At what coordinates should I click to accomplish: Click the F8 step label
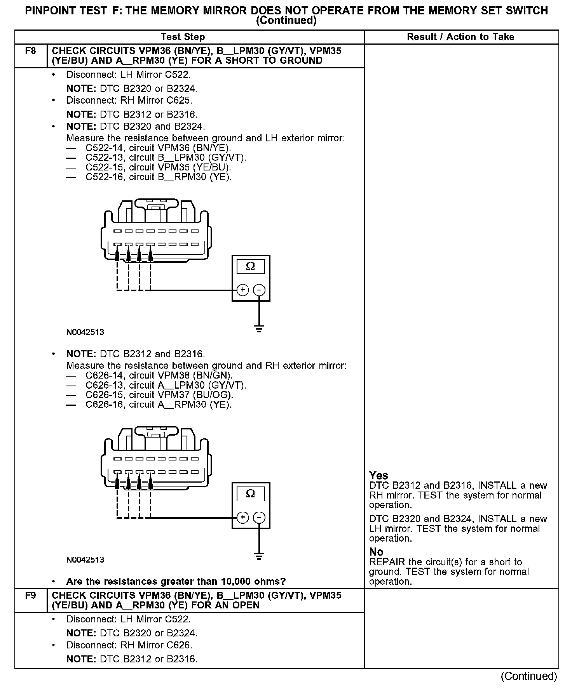click(x=30, y=51)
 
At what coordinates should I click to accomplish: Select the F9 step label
click(x=30, y=595)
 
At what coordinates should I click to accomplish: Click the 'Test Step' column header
click(x=183, y=37)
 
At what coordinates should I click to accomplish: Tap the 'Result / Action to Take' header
click(x=460, y=37)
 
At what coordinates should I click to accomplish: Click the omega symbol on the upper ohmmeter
click(x=251, y=266)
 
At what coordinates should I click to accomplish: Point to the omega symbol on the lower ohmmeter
click(x=251, y=494)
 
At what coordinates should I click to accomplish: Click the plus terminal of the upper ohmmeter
click(x=243, y=290)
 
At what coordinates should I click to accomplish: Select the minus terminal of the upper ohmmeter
click(x=259, y=290)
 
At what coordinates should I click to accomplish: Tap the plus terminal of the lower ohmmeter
click(x=243, y=518)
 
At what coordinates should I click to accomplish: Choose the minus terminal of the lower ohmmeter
click(x=259, y=518)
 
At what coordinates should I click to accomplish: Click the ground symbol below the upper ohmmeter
click(x=259, y=328)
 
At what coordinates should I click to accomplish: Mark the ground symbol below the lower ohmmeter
click(x=259, y=556)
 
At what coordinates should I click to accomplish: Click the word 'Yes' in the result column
click(x=378, y=476)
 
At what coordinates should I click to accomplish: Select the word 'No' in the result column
click(x=376, y=552)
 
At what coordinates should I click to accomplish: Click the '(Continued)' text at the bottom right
click(x=529, y=676)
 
